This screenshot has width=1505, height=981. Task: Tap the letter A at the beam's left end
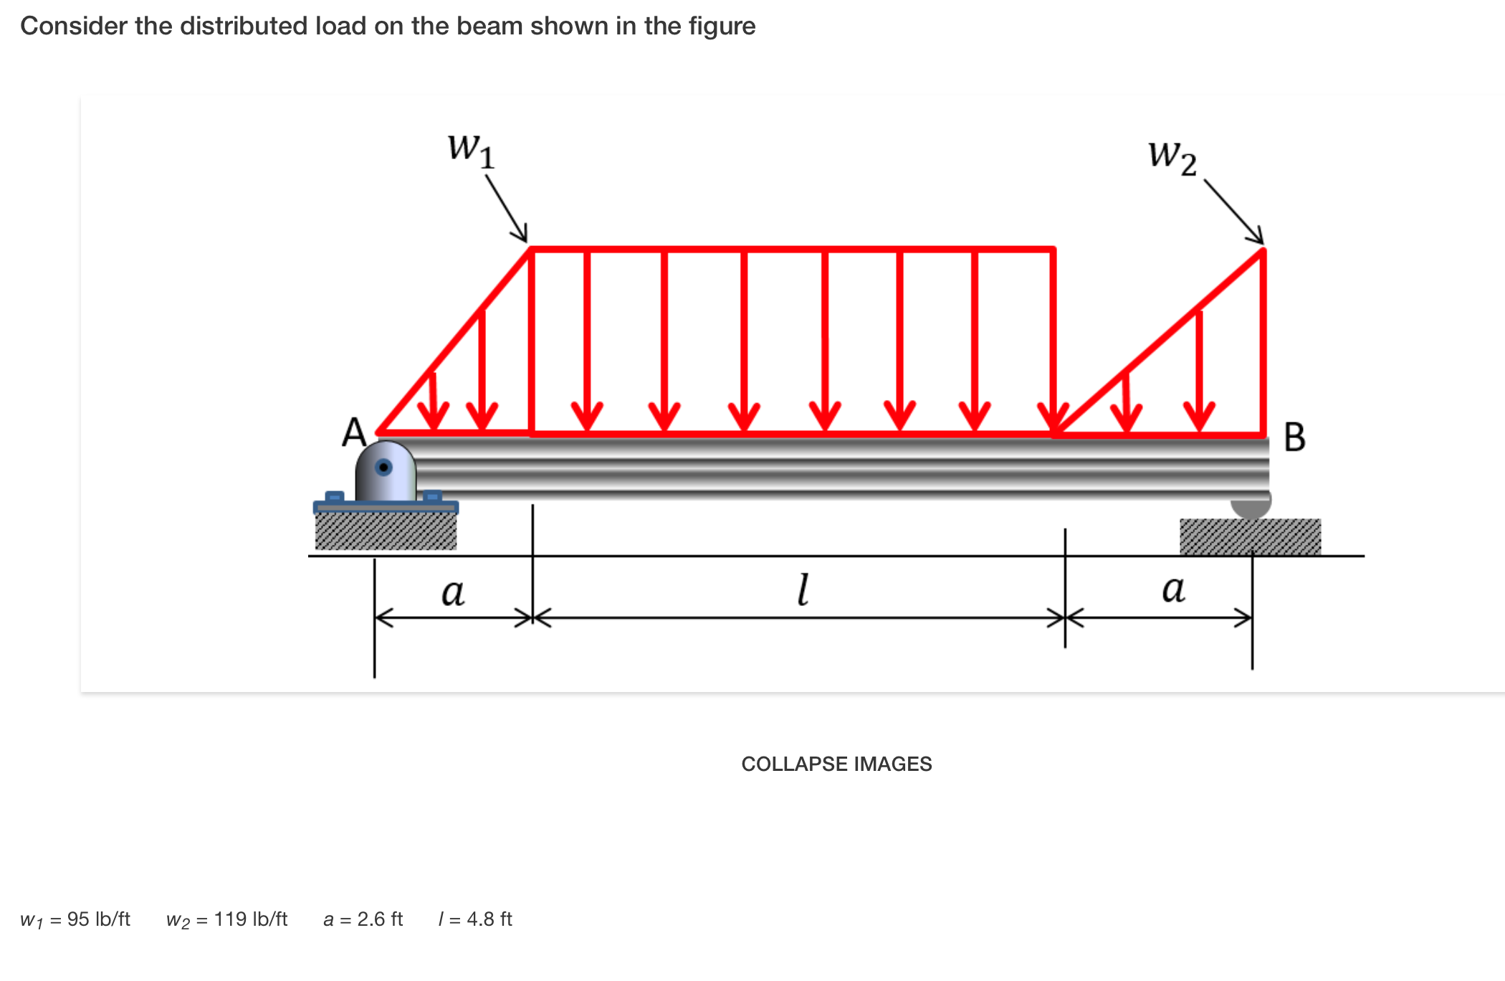click(x=354, y=432)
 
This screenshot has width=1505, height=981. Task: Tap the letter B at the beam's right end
click(x=1294, y=437)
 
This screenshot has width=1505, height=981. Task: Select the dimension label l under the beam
click(x=803, y=589)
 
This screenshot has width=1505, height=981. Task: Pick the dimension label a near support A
click(x=453, y=592)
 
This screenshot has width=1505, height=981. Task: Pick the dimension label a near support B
click(x=1173, y=589)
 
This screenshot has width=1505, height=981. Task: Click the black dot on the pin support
click(x=384, y=468)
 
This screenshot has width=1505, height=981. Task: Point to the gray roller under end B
click(x=1251, y=506)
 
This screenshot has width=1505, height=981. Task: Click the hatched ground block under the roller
click(x=1250, y=536)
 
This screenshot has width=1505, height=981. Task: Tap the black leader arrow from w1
click(x=507, y=209)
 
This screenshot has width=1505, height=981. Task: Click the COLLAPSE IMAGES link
click(x=836, y=764)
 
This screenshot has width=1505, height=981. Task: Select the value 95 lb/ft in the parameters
click(x=99, y=919)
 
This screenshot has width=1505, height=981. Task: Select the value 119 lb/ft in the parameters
click(x=251, y=919)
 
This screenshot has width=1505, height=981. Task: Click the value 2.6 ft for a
click(x=380, y=919)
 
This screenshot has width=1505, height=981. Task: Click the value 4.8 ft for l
click(x=489, y=919)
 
